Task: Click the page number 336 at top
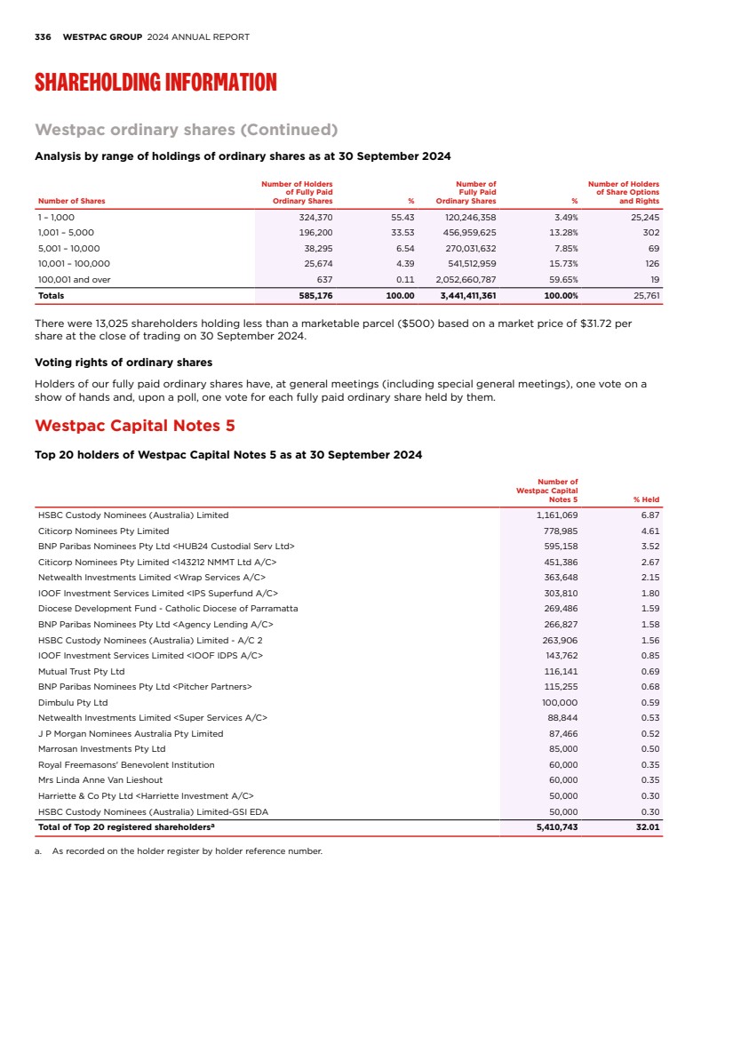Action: coord(43,37)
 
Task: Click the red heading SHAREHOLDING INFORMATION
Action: coord(155,84)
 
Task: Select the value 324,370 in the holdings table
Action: coord(315,217)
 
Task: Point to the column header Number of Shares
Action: coord(71,201)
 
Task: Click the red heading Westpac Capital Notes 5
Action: coord(134,426)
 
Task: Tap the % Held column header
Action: coord(646,499)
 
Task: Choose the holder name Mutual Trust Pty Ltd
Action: coord(81,671)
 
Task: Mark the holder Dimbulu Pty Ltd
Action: coord(72,702)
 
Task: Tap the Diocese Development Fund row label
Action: coord(168,609)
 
